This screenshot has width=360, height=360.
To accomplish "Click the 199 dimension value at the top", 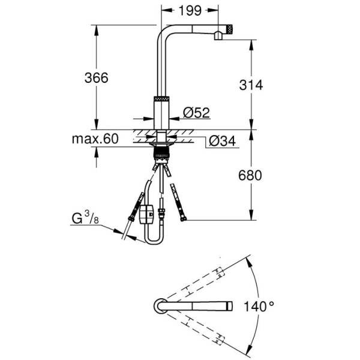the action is [x=190, y=11].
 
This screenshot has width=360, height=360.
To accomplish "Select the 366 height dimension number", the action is [x=96, y=77].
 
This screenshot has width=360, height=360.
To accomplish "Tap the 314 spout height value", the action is [x=251, y=85].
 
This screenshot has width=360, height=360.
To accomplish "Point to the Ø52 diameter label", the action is [x=197, y=113].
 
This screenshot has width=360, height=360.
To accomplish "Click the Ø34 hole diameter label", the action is [x=222, y=141].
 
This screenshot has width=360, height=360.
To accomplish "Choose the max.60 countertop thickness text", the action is [x=95, y=139].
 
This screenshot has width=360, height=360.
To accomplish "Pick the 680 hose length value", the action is [x=250, y=175].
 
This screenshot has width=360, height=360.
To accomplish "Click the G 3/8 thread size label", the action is [x=85, y=218].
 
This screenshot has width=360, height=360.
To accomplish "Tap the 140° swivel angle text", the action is [x=259, y=307].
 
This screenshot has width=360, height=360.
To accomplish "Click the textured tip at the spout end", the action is [x=230, y=29].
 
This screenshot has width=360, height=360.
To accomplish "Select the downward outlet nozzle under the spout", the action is [x=218, y=36].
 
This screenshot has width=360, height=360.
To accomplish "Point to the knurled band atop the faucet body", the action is [x=161, y=98].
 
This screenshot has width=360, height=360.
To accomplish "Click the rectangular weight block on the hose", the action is [x=146, y=214].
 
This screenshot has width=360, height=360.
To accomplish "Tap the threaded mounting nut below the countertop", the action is [x=161, y=153].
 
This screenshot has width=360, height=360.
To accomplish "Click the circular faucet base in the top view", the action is [x=160, y=306].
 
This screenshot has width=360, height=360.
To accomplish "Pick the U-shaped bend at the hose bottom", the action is [x=154, y=240].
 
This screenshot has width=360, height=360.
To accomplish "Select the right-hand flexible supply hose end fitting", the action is [x=183, y=219].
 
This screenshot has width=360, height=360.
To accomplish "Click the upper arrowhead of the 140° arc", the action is [x=248, y=261].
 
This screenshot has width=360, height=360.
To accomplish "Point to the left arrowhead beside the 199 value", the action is [x=166, y=10].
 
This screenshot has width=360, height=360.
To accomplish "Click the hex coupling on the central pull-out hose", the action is [x=161, y=212].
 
